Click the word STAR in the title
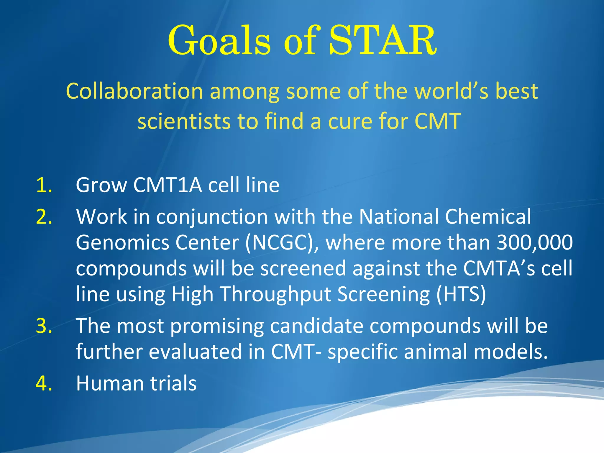(x=382, y=41)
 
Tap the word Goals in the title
(x=219, y=41)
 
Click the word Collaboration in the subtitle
(x=134, y=91)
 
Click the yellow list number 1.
(x=44, y=186)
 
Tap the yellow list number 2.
(x=44, y=217)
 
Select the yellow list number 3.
(x=44, y=326)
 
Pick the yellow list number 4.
(x=44, y=384)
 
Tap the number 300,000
(x=535, y=243)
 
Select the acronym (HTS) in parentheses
(x=461, y=295)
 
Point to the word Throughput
(x=275, y=295)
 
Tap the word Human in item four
(x=110, y=384)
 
